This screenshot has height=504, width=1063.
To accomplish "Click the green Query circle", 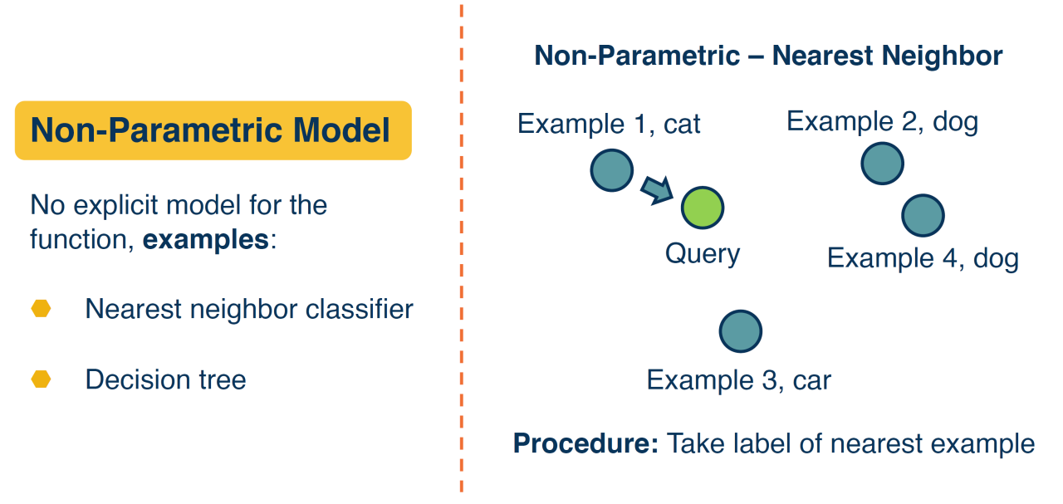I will click(x=703, y=208).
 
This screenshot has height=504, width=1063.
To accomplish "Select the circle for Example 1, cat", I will click(x=612, y=170).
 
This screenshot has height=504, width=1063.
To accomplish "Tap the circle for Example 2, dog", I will click(x=882, y=163).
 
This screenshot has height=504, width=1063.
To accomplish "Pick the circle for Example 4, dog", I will click(x=923, y=215).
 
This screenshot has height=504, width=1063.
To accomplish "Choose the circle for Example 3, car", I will click(x=740, y=330).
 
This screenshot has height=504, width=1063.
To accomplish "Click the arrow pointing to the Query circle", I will click(x=657, y=190).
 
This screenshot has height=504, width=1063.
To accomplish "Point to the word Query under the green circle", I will click(x=703, y=253).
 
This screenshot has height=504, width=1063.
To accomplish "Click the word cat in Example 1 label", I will click(x=682, y=125).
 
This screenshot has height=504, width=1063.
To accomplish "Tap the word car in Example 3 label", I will click(x=811, y=380).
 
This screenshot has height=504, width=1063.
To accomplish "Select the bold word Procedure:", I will click(x=585, y=443).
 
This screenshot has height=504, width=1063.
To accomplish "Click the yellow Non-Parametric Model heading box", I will click(x=213, y=130).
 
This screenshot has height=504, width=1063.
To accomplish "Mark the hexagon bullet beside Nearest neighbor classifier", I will click(x=41, y=309).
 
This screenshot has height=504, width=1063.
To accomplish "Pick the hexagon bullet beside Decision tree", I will click(x=41, y=379).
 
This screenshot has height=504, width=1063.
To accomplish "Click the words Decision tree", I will click(x=165, y=380).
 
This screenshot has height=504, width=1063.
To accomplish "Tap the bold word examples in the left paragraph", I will click(x=206, y=241).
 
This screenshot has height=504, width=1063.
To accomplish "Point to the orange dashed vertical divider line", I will click(x=462, y=249).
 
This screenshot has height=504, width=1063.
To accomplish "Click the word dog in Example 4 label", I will click(x=996, y=258).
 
